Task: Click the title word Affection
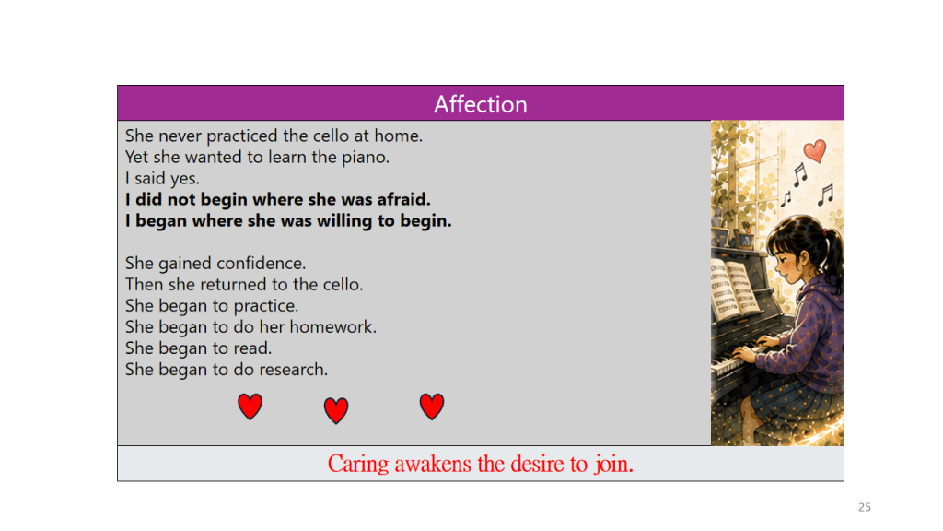click(481, 104)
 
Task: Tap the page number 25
click(864, 507)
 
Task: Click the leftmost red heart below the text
click(250, 407)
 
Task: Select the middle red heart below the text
click(335, 410)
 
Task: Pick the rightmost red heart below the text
click(431, 407)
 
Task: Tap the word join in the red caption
click(613, 465)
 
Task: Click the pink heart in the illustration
click(815, 151)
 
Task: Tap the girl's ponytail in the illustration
click(833, 253)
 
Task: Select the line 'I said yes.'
click(162, 178)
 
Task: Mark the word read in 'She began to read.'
click(252, 348)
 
